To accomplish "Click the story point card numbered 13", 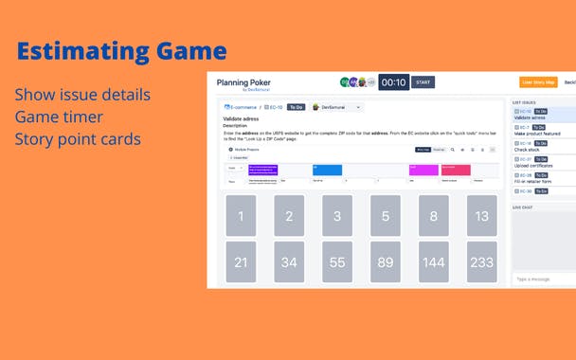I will [x=481, y=215].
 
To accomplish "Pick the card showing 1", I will [x=241, y=215].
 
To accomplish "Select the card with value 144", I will [x=433, y=261].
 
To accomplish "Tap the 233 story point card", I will [x=481, y=261].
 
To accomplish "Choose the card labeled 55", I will [x=336, y=261].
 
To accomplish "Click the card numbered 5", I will [x=385, y=215].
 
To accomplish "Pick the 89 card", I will [x=385, y=261].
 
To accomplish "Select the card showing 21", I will [x=241, y=261].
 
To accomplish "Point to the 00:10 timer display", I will [x=394, y=82].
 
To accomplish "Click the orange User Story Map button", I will [x=538, y=82].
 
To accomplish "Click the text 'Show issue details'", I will [x=82, y=95].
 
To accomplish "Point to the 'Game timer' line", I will [x=58, y=117].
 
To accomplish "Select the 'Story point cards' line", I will [x=78, y=139].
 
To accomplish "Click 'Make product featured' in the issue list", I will [x=537, y=134].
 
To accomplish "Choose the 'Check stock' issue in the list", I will [x=527, y=150].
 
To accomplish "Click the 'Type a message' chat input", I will [x=542, y=279].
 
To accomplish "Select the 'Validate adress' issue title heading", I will [x=241, y=118].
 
